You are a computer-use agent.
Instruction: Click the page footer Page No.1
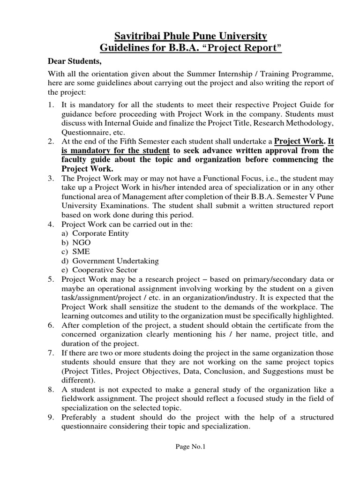(x=190, y=447)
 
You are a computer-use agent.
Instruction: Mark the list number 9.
(x=51, y=417)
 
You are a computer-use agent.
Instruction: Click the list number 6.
(x=51, y=325)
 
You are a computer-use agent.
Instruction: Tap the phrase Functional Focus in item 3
(x=209, y=178)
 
